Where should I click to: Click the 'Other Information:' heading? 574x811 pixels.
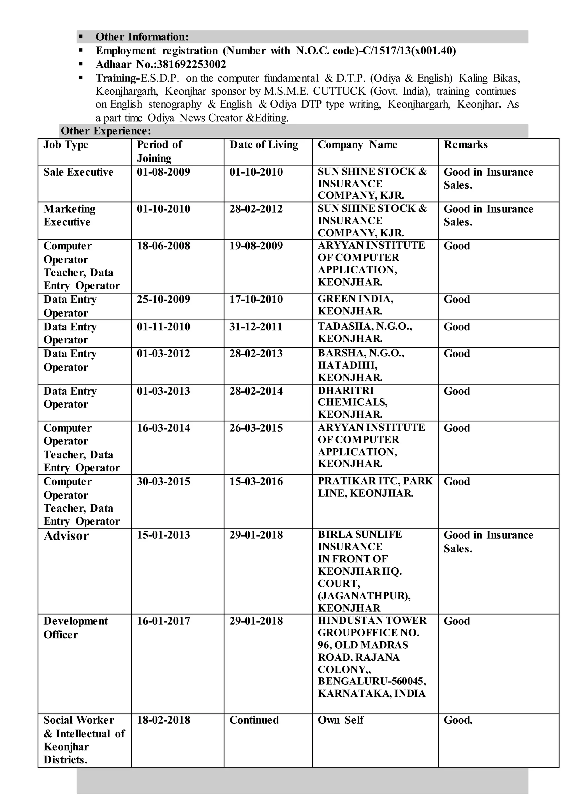point(142,37)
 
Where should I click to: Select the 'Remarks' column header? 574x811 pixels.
point(466,145)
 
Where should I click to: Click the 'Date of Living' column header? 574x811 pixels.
point(264,145)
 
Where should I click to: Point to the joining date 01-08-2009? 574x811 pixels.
point(163,172)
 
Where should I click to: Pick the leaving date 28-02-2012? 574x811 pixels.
point(256,209)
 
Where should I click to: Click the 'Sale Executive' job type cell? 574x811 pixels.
point(78,172)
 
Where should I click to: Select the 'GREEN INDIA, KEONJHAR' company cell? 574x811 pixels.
point(355,305)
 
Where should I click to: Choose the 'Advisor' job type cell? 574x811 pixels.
point(66,536)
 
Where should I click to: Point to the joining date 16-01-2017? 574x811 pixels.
point(163,621)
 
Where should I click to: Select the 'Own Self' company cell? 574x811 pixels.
point(340,720)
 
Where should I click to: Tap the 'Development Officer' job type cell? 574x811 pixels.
point(75,627)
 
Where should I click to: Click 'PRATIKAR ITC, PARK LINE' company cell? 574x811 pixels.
point(375,487)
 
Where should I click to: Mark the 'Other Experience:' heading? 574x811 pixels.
point(106,131)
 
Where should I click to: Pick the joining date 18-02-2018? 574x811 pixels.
point(163,720)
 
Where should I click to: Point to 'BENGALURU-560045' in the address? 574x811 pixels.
point(371,681)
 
